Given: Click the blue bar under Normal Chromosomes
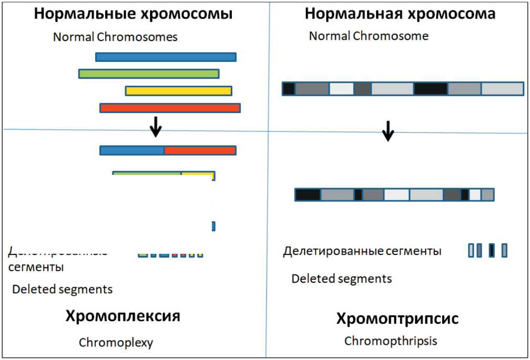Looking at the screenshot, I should pyautogui.click(x=166, y=57).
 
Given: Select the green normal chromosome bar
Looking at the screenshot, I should pyautogui.click(x=149, y=74).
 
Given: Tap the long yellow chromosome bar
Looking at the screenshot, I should pyautogui.click(x=179, y=91).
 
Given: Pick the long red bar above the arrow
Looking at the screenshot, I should pyautogui.click(x=170, y=108).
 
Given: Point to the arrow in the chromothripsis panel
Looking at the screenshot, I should pyautogui.click(x=388, y=131).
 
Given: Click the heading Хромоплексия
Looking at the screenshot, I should pyautogui.click(x=123, y=316).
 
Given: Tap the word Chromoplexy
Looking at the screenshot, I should pyautogui.click(x=116, y=343).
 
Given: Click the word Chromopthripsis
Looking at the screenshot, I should pyautogui.click(x=391, y=341).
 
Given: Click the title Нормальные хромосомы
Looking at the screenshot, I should pyautogui.click(x=134, y=14).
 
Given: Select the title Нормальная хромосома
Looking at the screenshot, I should pyautogui.click(x=400, y=14).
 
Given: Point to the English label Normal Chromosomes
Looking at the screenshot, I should pyautogui.click(x=115, y=37).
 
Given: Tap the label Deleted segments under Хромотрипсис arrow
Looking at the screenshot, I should pyautogui.click(x=342, y=278).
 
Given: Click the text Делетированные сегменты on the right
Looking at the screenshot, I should pyautogui.click(x=362, y=251).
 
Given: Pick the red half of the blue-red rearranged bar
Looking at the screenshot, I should pyautogui.click(x=200, y=151).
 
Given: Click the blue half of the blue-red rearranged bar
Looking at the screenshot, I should pyautogui.click(x=132, y=151).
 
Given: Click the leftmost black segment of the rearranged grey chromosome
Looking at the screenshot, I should pyautogui.click(x=308, y=195).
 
